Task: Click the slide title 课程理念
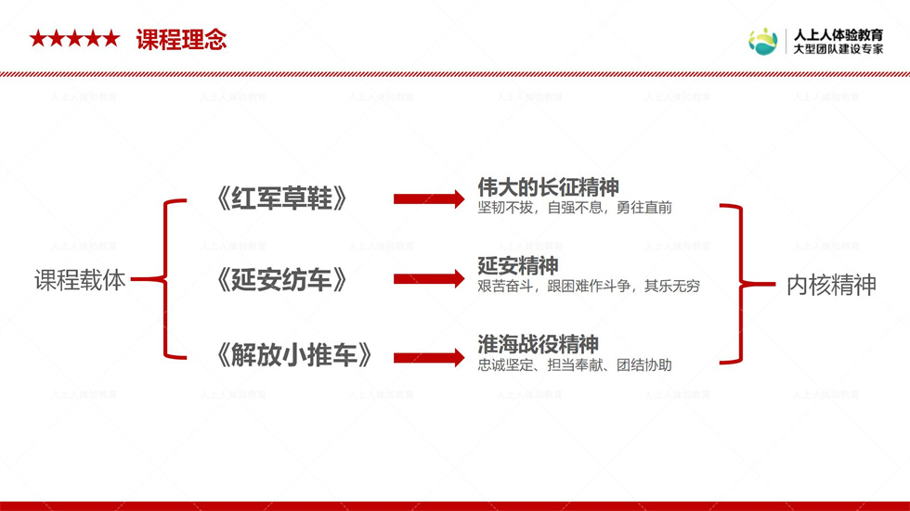click(181, 39)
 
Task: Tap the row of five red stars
click(75, 39)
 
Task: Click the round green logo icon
click(762, 42)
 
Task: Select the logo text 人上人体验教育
click(838, 34)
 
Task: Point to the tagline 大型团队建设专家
click(838, 49)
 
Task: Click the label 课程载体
click(80, 280)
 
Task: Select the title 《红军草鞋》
click(281, 198)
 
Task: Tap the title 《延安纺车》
click(281, 280)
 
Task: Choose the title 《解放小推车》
click(293, 354)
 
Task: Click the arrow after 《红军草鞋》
click(429, 198)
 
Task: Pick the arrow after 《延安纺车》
click(429, 278)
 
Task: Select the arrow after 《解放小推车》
click(429, 357)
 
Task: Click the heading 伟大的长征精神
click(548, 187)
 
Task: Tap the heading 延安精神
click(518, 266)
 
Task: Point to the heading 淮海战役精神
click(538, 344)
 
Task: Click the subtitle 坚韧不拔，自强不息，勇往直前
click(575, 208)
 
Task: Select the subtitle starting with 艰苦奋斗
click(589, 287)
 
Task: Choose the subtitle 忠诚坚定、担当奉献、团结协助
click(575, 365)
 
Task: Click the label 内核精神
click(831, 285)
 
